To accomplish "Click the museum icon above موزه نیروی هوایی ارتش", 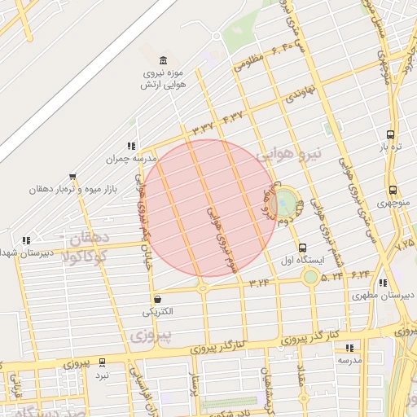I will tap(164, 61).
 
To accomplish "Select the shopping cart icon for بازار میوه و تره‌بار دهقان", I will tap(73, 176).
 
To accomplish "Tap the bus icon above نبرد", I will tap(102, 362).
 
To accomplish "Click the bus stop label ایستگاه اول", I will tap(302, 261).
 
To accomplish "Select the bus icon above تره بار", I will tap(390, 134).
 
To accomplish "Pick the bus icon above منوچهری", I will tap(393, 189).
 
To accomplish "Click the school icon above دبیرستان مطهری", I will tap(383, 283).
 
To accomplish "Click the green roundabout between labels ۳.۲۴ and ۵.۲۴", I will tap(309, 278).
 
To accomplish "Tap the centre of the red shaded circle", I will tap(210, 207).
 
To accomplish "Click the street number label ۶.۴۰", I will tap(276, 50).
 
